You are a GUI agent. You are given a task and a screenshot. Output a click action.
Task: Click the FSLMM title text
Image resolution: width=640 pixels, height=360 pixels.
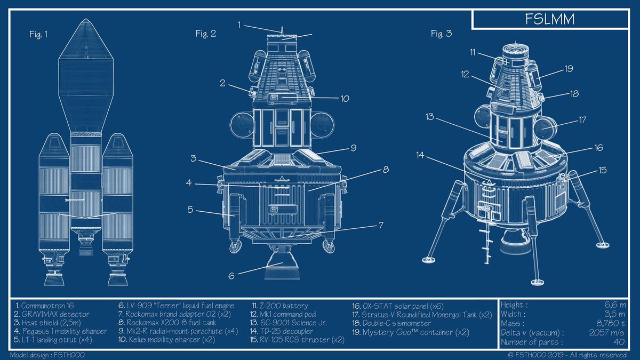[x=550, y=19]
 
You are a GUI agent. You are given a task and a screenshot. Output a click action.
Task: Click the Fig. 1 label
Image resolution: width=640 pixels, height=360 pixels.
[x=38, y=35]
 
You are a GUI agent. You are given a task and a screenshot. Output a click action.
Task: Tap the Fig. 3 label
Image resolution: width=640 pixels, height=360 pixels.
[x=442, y=34]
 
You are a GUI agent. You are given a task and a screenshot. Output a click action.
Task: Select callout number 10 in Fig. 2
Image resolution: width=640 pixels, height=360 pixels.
[x=345, y=99]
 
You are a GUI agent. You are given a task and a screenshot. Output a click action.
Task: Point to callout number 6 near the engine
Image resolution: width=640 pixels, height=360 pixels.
[x=231, y=276]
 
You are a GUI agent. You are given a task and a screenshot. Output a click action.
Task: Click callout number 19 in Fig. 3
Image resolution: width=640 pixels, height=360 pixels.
[x=569, y=69]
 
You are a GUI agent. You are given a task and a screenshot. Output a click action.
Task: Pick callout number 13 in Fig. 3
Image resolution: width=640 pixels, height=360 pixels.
[x=430, y=117]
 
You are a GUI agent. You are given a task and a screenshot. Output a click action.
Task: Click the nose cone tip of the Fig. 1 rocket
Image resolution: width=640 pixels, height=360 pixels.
[x=86, y=19]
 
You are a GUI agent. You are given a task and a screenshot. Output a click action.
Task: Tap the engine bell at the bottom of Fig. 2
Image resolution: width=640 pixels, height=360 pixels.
[x=282, y=266]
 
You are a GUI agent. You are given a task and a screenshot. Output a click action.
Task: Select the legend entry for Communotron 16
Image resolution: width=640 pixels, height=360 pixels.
[x=45, y=306]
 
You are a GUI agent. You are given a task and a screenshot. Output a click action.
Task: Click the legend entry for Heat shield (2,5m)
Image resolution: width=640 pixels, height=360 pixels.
[x=47, y=323]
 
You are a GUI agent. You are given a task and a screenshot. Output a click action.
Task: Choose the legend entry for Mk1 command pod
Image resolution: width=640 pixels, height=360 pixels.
[x=283, y=314]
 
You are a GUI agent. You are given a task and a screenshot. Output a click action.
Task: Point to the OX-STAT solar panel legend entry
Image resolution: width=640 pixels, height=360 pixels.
[x=398, y=306]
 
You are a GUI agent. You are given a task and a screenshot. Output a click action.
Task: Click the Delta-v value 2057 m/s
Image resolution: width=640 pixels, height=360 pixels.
[x=606, y=333]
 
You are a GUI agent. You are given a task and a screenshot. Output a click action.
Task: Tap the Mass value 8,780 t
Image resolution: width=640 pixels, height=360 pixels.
[x=611, y=323]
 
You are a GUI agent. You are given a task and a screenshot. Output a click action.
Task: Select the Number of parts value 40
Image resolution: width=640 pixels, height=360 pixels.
[x=619, y=342]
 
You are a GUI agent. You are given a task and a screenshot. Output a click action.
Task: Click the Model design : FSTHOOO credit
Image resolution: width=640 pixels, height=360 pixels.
[x=47, y=355]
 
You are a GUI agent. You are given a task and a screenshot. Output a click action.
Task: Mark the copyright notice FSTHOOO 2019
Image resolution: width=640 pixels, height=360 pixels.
[x=567, y=355]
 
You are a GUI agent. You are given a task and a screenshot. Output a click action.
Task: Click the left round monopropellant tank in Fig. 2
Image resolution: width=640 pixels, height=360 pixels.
[x=242, y=124]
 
